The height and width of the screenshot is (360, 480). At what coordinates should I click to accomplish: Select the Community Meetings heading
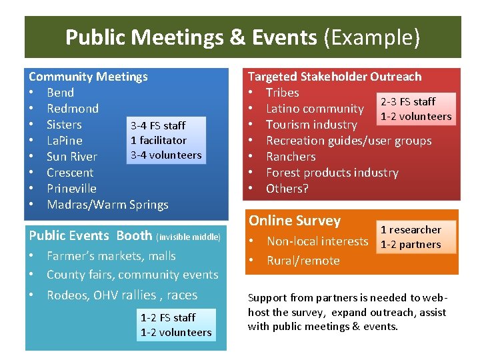click(x=88, y=77)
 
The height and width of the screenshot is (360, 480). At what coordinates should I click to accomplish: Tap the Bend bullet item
click(x=60, y=93)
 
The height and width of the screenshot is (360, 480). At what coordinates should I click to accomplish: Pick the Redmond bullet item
click(x=73, y=109)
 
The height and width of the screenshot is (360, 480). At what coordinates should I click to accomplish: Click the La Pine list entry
click(x=65, y=141)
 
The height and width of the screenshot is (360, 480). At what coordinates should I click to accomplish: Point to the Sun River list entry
click(x=72, y=157)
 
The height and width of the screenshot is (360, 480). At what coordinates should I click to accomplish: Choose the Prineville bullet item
click(x=71, y=189)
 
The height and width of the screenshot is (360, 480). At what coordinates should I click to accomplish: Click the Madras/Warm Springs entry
click(x=107, y=205)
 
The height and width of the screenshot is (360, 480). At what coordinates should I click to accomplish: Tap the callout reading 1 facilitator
click(x=159, y=141)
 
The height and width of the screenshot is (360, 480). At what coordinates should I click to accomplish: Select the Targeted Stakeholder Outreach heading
click(x=335, y=77)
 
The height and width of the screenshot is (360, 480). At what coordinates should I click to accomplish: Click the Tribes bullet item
click(x=282, y=93)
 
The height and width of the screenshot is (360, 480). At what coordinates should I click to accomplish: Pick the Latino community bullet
click(x=315, y=109)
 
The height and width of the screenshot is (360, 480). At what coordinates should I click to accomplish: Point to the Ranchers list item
click(x=291, y=157)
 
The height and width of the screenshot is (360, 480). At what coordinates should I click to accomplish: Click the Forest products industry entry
click(x=332, y=173)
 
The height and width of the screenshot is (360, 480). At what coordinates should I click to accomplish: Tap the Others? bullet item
click(x=287, y=189)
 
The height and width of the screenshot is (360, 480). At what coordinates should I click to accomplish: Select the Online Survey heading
click(x=294, y=221)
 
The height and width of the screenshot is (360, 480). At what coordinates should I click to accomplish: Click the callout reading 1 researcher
click(x=411, y=230)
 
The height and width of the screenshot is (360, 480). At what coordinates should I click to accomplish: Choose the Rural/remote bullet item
click(x=303, y=261)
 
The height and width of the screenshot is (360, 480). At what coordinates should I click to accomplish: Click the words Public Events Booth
click(x=91, y=235)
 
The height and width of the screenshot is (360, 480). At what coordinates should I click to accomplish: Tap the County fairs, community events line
click(x=132, y=275)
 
